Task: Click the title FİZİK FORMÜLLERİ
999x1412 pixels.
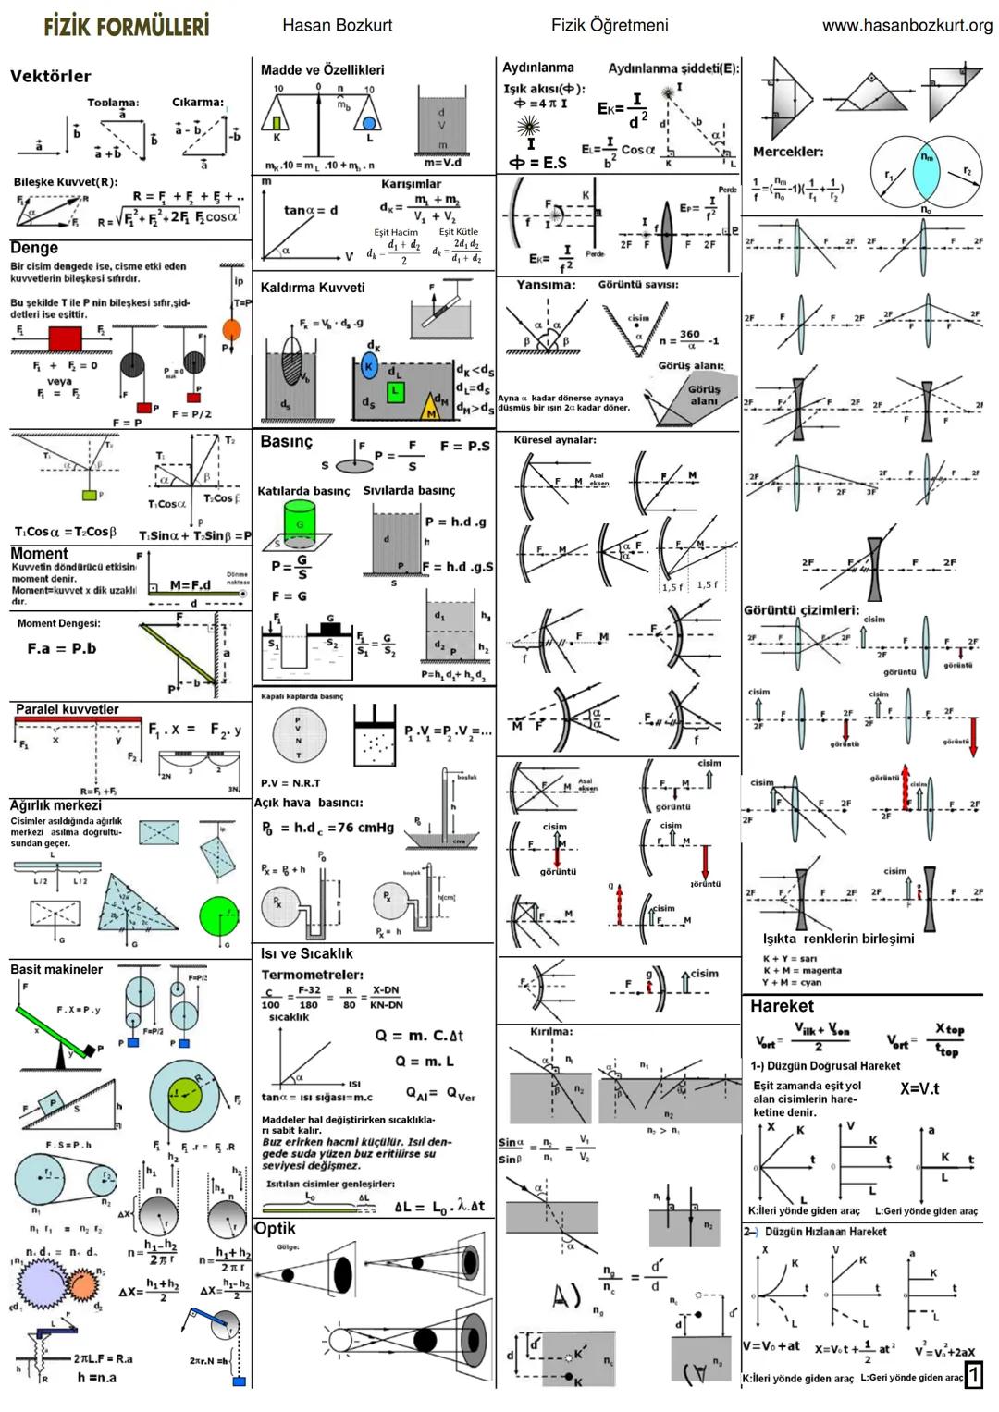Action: [x=126, y=25]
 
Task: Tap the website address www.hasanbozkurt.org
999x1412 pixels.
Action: [x=906, y=25]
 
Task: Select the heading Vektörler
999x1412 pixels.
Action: [x=51, y=76]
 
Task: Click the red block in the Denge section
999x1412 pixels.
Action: [x=65, y=338]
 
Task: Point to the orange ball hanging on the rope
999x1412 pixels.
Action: [x=231, y=329]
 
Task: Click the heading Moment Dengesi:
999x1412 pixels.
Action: [x=59, y=623]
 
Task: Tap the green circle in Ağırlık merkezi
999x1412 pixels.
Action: [x=218, y=915]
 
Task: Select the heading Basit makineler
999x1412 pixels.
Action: [x=56, y=969]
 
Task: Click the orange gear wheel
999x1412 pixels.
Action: [x=81, y=1285]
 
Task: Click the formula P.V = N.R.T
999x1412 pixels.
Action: [x=290, y=782]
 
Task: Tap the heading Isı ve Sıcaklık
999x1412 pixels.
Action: [x=306, y=953]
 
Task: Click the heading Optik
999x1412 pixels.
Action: [x=276, y=1228]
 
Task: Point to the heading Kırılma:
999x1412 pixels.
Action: [x=551, y=1031]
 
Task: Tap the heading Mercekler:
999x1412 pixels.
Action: [x=787, y=152]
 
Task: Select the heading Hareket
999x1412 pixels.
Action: [x=782, y=1006]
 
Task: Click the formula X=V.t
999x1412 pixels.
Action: [x=919, y=1088]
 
